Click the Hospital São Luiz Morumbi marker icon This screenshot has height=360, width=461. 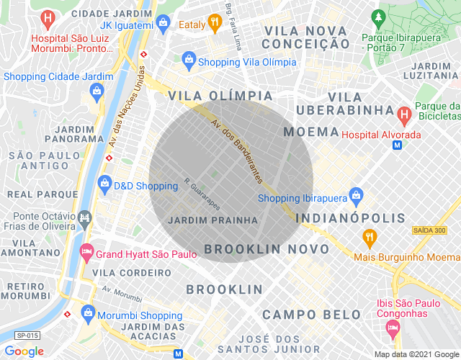[48, 18]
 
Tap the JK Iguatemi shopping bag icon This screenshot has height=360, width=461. [164, 24]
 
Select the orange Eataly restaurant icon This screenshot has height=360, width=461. [214, 23]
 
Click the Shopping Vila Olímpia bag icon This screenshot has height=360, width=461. [189, 58]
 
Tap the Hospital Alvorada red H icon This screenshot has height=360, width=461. [403, 114]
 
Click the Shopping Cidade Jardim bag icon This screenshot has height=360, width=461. [96, 90]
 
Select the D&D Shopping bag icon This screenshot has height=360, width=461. [105, 184]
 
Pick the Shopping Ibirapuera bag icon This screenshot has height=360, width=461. [355, 194]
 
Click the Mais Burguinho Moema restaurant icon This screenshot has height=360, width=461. [369, 238]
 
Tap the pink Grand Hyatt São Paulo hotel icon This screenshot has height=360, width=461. [86, 252]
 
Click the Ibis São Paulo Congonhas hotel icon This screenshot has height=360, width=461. [393, 328]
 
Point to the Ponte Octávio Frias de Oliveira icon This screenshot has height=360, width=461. [85, 217]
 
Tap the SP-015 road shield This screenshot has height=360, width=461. [27, 336]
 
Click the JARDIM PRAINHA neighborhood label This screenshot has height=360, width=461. [212, 220]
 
